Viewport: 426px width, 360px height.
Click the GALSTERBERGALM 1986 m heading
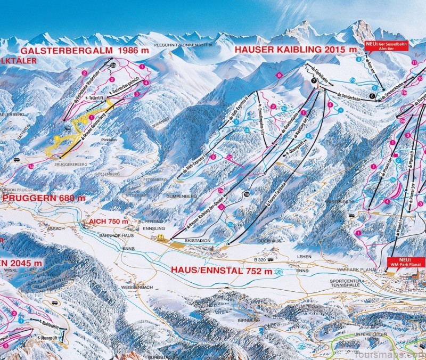click(x=78, y=51)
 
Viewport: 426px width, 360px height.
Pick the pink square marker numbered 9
click(x=278, y=77)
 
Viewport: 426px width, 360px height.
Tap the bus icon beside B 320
click(x=271, y=260)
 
